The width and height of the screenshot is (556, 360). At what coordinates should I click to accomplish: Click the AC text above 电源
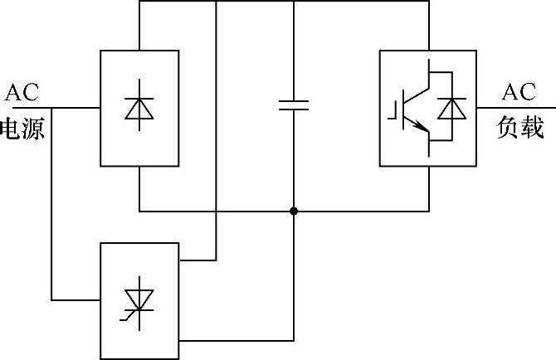coord(22,90)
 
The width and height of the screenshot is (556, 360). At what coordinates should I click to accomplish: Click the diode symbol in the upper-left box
coord(139,109)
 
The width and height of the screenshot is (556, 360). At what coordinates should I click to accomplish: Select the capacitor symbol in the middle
coord(293,105)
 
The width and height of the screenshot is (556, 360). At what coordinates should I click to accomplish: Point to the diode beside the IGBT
coord(451,109)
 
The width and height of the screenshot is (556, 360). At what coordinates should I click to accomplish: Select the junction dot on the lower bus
coord(293,211)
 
